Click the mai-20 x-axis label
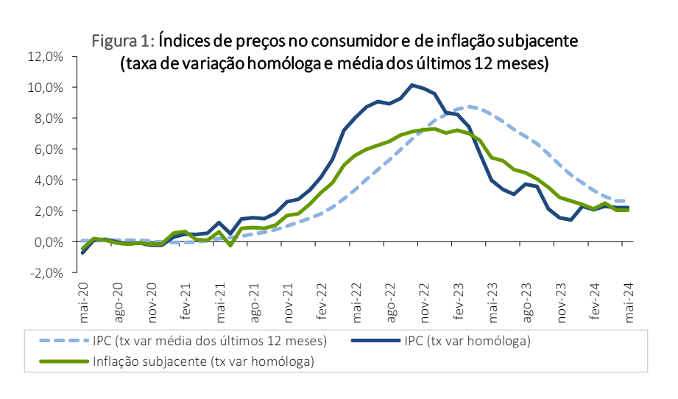[84, 301]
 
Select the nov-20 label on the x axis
[152, 302]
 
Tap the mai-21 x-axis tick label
[220, 301]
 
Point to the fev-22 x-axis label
[322, 301]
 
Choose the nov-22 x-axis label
[425, 302]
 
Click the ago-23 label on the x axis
[526, 302]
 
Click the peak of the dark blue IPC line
[412, 85]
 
